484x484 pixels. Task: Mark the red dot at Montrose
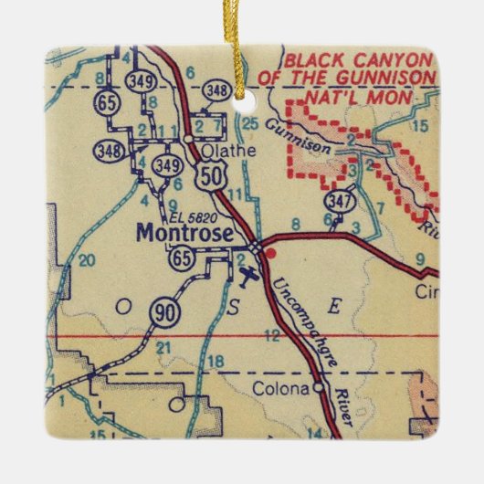[x=268, y=251]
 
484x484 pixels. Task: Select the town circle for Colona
[x=317, y=387]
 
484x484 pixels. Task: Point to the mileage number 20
[x=88, y=260]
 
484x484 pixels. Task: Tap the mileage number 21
[x=164, y=348]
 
